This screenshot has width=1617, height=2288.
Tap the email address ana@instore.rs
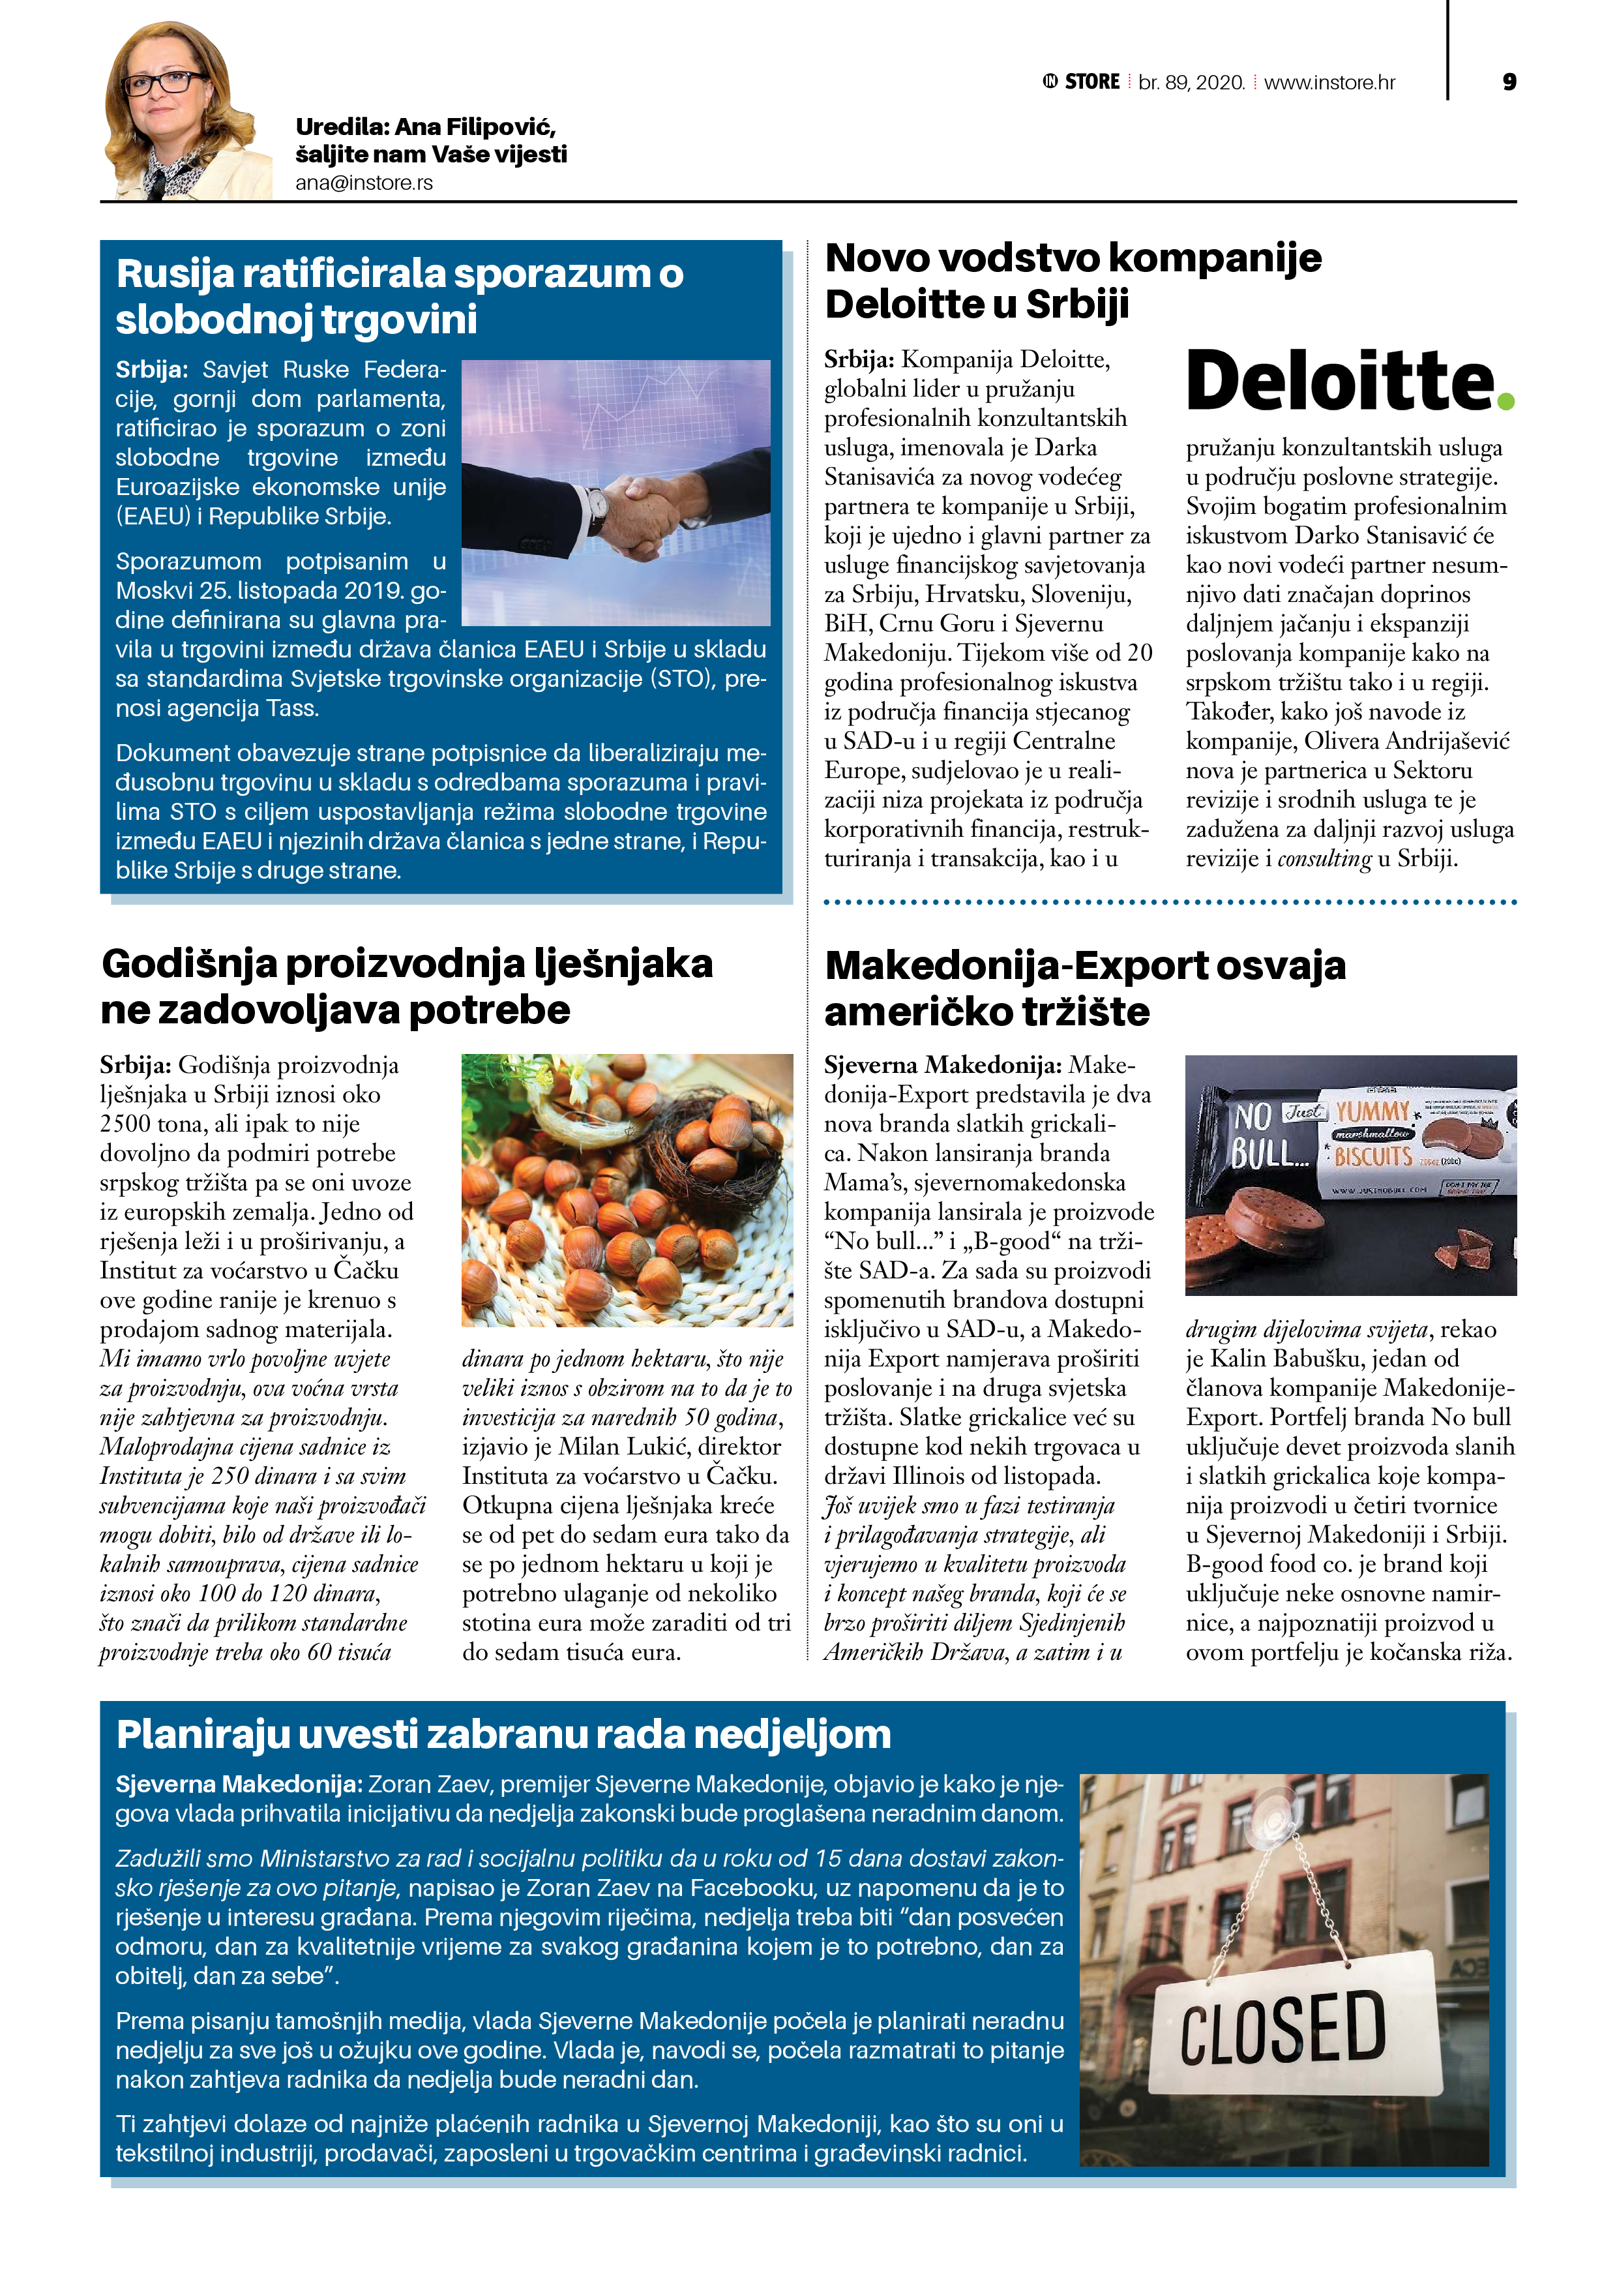click(364, 183)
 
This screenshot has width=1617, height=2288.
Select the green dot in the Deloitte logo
click(1506, 400)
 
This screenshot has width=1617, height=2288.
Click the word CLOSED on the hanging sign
click(1283, 2029)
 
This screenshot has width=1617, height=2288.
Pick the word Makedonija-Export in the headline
click(1016, 966)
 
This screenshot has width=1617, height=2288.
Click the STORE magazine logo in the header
click(1082, 82)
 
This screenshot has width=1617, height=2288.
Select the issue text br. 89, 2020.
click(1192, 83)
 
